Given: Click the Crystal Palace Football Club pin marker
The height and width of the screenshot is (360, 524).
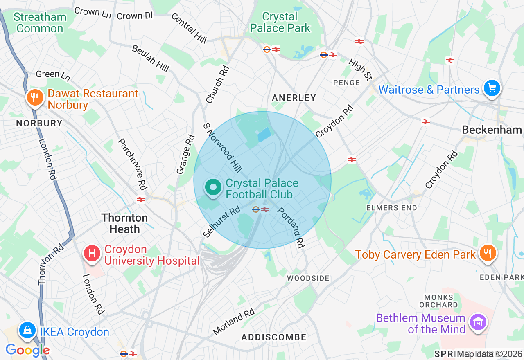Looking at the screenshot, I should pyautogui.click(x=212, y=188).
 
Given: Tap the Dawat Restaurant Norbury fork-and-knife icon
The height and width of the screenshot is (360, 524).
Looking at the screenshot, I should pyautogui.click(x=35, y=97).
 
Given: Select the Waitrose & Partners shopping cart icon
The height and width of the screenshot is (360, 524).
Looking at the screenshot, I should pyautogui.click(x=492, y=88).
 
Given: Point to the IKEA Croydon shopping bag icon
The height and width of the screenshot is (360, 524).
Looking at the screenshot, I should pyautogui.click(x=27, y=330).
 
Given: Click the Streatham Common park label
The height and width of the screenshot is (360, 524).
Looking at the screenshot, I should pyautogui.click(x=40, y=23).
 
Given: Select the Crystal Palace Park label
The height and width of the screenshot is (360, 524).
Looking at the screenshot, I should pyautogui.click(x=280, y=22).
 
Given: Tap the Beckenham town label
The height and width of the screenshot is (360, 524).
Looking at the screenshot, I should pyautogui.click(x=492, y=130).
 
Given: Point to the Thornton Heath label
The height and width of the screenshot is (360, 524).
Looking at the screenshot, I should pyautogui.click(x=124, y=223).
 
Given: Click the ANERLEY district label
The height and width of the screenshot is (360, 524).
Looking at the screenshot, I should pyautogui.click(x=294, y=98).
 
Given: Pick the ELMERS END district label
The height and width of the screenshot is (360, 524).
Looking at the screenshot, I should pyautogui.click(x=391, y=208).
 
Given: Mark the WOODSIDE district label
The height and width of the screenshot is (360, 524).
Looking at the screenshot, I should pyautogui.click(x=308, y=278).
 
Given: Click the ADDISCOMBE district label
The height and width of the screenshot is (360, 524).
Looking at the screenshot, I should pyautogui.click(x=273, y=337).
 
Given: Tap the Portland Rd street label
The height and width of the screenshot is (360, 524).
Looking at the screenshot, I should pyautogui.click(x=291, y=228).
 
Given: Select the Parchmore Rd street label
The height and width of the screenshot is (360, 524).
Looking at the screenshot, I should pyautogui.click(x=132, y=164).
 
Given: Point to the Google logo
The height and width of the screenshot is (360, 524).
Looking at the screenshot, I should pyautogui.click(x=27, y=350).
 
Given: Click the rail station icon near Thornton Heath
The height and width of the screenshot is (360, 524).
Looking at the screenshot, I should pyautogui.click(x=141, y=200).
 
